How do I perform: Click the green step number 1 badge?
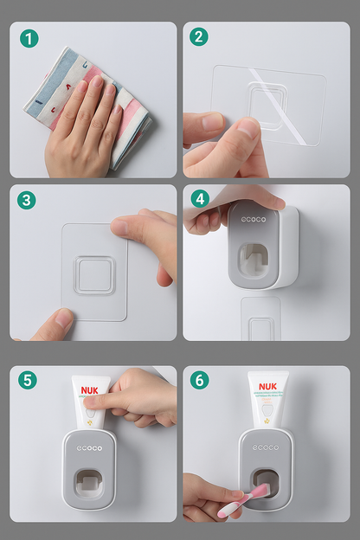click(29, 38)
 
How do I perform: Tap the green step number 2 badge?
click(200, 37)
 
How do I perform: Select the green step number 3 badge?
click(28, 200)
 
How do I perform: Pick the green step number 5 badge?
click(29, 380)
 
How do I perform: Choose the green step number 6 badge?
click(200, 380)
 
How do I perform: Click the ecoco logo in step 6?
click(266, 447)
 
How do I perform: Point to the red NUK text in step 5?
click(91, 390)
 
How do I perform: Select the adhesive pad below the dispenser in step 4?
click(260, 320)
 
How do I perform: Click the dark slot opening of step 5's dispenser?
click(90, 485)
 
